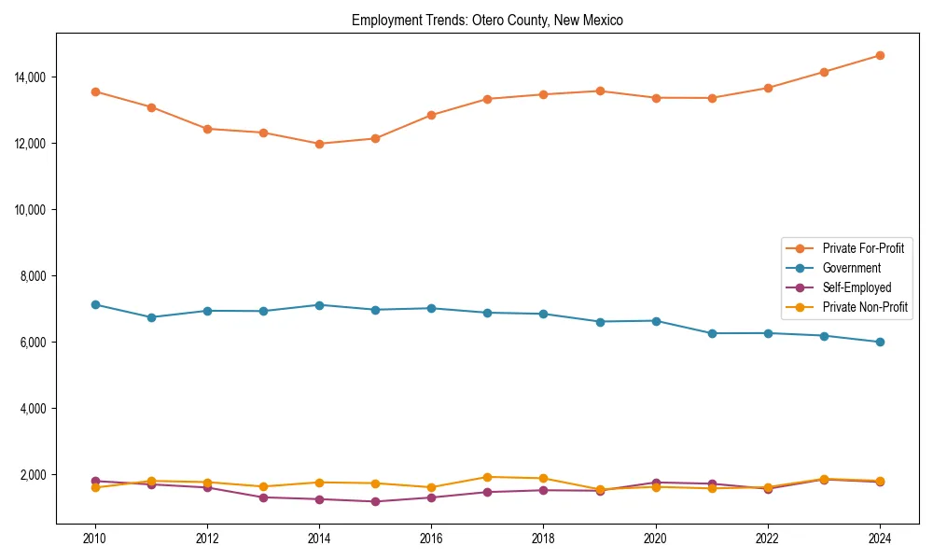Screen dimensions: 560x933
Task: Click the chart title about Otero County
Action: (487, 20)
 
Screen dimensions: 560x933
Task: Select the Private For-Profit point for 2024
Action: (880, 55)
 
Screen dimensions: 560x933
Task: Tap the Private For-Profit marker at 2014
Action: (319, 144)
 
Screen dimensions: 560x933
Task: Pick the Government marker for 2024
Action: (880, 342)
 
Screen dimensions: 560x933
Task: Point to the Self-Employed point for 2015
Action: (375, 501)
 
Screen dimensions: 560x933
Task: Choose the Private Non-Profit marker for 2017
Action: (487, 477)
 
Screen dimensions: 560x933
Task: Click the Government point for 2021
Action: (712, 333)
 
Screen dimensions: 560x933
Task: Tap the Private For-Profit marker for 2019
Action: (600, 91)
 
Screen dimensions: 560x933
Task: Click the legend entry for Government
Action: (851, 268)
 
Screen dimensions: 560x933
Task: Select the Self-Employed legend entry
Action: (856, 287)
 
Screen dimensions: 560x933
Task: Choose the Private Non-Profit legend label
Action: (865, 307)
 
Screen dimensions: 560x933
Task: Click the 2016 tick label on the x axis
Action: (431, 538)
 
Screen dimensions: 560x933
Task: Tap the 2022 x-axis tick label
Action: (768, 538)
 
